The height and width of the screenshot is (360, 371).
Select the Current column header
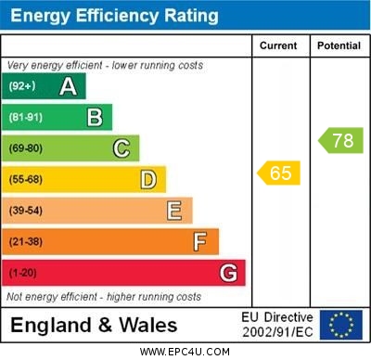pos(278,45)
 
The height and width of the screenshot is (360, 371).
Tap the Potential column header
pos(339,45)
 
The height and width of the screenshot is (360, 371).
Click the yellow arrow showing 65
pos(278,173)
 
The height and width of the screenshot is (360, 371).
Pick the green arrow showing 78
pos(341,141)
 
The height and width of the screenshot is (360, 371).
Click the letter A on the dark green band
pos(68,86)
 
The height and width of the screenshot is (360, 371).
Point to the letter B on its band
pos(95,117)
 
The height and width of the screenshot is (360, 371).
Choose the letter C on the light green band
pos(122,148)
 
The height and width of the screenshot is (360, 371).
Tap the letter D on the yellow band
pos(148,179)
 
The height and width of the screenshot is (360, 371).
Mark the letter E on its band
pos(174,211)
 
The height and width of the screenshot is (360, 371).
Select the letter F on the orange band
pos(200,241)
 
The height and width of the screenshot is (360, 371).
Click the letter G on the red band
pos(228,273)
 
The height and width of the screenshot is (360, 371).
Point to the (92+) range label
pos(21,86)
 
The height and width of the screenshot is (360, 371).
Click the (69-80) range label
pos(25,148)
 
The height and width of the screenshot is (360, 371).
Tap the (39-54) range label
pos(25,211)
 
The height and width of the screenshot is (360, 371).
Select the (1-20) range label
pos(22,273)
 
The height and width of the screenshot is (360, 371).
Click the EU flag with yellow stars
pos(341,325)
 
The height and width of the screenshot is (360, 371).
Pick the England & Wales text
pos(94,326)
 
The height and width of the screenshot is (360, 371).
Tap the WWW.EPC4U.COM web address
pos(185,353)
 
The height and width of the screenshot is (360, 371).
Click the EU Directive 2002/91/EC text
pos(277,325)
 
